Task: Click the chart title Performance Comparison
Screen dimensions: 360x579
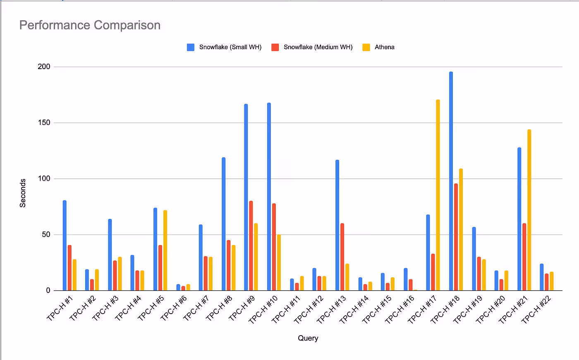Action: (x=90, y=25)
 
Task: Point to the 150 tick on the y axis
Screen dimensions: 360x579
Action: (x=44, y=122)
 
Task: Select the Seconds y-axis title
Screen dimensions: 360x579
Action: (x=23, y=193)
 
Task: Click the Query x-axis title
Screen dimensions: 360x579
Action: (x=308, y=338)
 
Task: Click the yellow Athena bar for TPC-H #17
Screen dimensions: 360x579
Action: (x=438, y=195)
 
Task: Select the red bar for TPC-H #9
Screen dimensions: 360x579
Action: (x=251, y=246)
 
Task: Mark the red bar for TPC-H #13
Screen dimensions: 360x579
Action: (x=342, y=257)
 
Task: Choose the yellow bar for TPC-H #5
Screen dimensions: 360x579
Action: (x=165, y=250)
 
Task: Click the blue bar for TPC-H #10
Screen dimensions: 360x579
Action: (x=269, y=197)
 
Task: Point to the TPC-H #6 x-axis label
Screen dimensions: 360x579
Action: (x=174, y=308)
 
